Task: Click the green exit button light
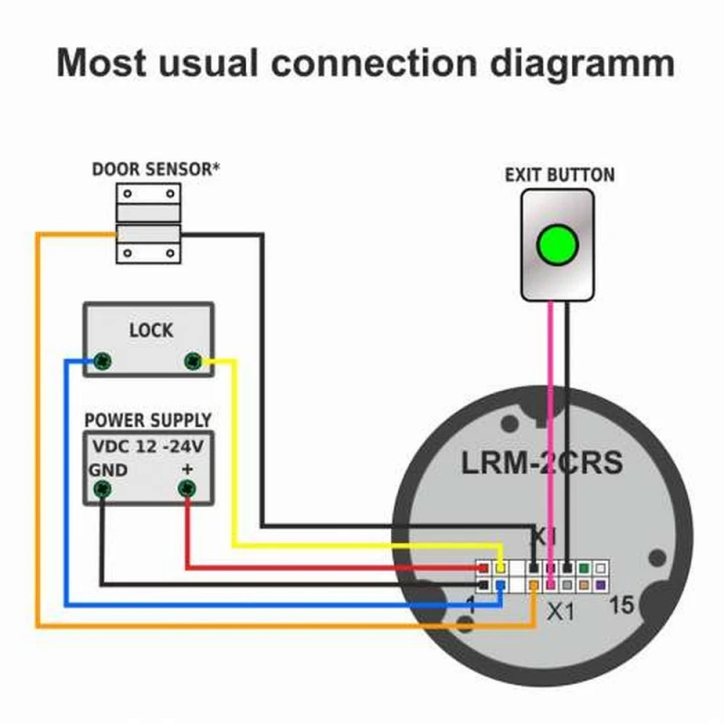coord(557,244)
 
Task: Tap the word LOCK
coord(150,330)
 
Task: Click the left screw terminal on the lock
coord(104,362)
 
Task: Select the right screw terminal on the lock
coord(192,362)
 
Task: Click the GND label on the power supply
coord(108,471)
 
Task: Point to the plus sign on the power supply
coord(187,471)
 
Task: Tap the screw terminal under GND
coord(102,491)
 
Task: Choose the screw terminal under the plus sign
coord(187,491)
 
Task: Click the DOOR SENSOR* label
coord(157,169)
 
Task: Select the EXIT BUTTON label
coord(558,175)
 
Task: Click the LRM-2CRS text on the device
coord(542,462)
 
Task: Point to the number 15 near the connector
coord(623,605)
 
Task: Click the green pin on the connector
coord(584,568)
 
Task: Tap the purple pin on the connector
coord(600,586)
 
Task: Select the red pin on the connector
coord(483,568)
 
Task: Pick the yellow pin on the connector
coord(500,568)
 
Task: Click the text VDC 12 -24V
coord(149,447)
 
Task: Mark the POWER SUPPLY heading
coord(148,421)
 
